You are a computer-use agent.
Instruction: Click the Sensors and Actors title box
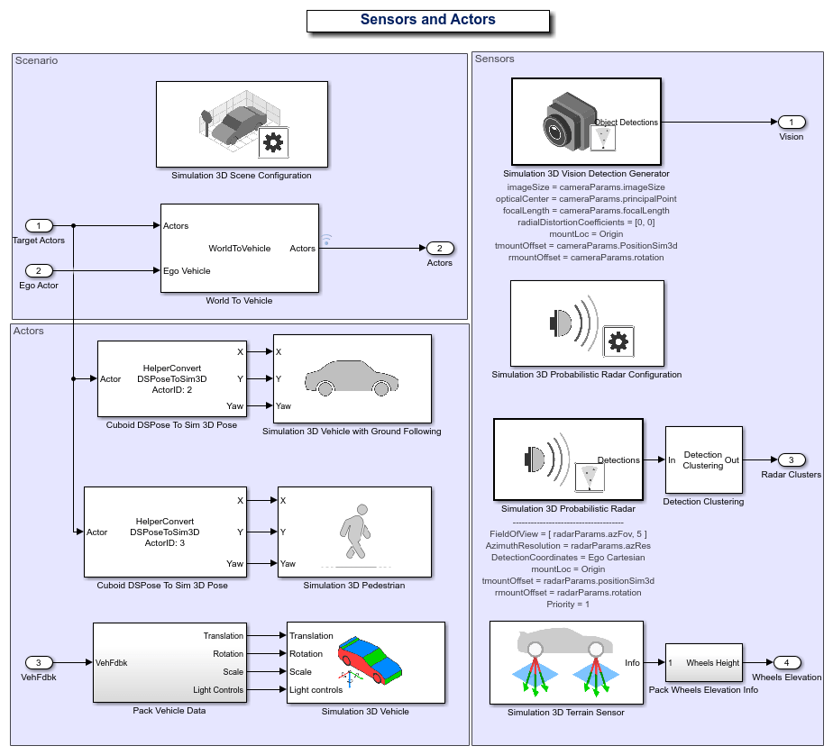click(x=427, y=21)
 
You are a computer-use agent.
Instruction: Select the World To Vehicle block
click(x=240, y=248)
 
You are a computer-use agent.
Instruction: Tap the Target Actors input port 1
click(x=39, y=225)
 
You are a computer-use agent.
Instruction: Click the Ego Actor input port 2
click(x=39, y=270)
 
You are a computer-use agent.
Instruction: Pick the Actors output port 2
click(x=439, y=248)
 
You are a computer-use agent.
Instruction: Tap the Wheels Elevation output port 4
click(x=786, y=663)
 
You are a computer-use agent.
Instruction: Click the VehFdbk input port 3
click(x=39, y=663)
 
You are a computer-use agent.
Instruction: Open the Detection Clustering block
click(x=703, y=460)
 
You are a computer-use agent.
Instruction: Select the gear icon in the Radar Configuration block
click(x=618, y=341)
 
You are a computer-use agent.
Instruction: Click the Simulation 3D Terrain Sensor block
click(x=566, y=662)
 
